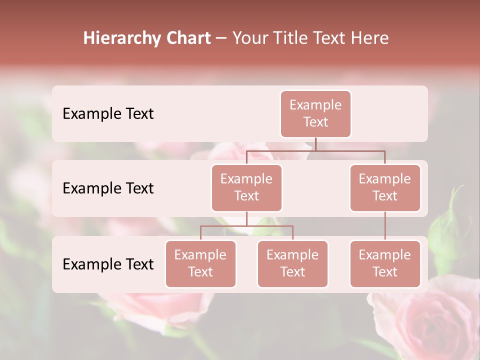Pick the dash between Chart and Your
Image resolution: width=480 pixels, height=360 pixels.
point(221,39)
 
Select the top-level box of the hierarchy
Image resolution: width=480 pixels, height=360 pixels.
point(315,113)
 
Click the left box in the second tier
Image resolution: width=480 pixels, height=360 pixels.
point(246,187)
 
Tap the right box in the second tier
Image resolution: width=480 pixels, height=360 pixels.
point(385,187)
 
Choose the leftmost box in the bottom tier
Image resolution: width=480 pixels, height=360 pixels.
point(200,263)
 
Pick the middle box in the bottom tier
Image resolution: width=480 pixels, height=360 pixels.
point(292,263)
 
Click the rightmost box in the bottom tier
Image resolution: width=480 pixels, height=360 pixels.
point(385,263)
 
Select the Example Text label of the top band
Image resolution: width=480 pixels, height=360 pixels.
point(108,113)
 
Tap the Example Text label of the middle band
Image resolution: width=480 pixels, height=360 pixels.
point(108,188)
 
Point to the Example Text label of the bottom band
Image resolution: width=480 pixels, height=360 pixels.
point(108,264)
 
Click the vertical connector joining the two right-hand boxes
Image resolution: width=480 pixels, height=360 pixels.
point(385,226)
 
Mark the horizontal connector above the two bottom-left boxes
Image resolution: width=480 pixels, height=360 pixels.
point(246,226)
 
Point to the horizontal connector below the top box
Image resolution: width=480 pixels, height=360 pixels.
point(315,150)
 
